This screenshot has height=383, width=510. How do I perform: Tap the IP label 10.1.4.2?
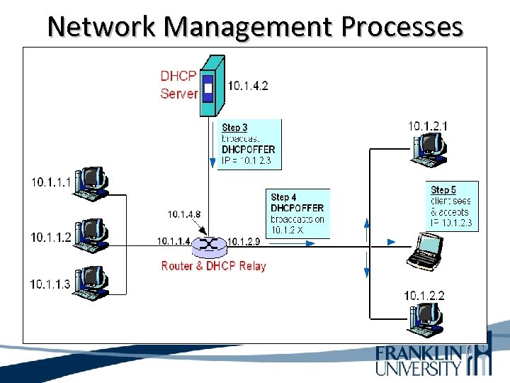click(248, 87)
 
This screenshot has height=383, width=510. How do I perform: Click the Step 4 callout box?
click(299, 213)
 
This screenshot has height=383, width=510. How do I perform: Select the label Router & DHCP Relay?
click(213, 266)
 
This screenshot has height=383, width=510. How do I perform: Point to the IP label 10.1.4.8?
click(184, 213)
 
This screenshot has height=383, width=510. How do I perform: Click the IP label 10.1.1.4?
click(174, 241)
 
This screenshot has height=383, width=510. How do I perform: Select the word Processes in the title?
click(402, 26)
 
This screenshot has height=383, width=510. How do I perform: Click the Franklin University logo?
click(432, 360)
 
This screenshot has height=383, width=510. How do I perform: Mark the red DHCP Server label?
click(178, 84)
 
